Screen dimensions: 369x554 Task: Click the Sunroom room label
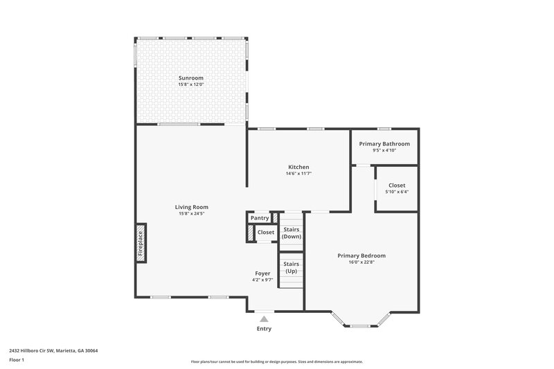click(191, 78)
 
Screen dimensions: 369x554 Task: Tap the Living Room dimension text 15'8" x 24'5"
click(191, 213)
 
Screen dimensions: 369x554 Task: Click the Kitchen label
click(298, 167)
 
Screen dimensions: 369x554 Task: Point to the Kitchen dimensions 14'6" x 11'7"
click(298, 174)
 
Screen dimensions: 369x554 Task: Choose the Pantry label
click(260, 218)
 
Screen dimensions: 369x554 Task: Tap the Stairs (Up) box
click(291, 267)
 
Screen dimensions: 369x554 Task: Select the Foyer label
click(262, 273)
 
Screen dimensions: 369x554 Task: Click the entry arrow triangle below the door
click(264, 319)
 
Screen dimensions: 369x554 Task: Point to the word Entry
click(264, 329)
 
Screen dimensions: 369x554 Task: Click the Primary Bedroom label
click(361, 255)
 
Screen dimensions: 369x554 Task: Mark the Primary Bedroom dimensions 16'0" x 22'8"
click(361, 262)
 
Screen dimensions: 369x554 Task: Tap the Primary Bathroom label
click(384, 144)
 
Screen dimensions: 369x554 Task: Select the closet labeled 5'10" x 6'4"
click(397, 188)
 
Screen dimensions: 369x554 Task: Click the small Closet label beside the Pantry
click(265, 233)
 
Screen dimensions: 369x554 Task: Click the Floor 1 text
click(17, 360)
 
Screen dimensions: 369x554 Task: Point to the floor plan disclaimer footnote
click(277, 361)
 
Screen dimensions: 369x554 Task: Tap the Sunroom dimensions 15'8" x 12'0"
click(191, 85)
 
